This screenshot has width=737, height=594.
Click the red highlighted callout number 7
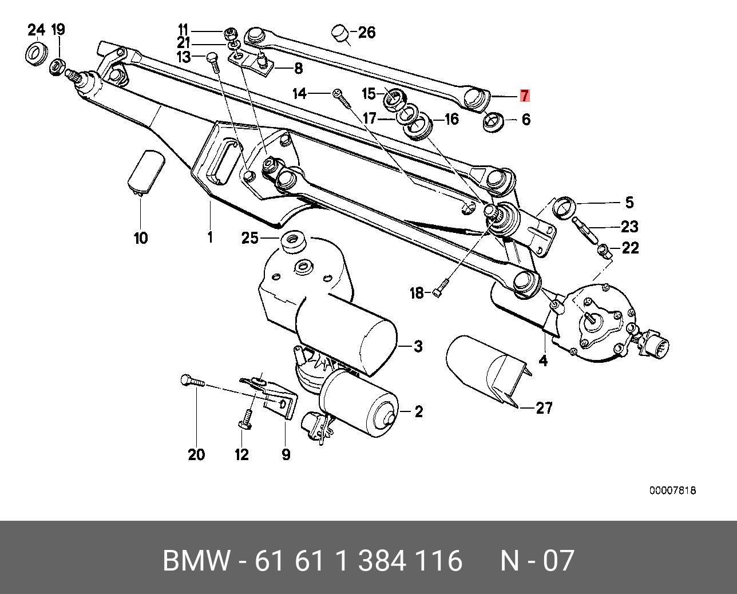(x=525, y=96)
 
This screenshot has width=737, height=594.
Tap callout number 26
(x=367, y=33)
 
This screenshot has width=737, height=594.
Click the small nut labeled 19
(x=57, y=66)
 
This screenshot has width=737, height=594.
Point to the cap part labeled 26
(x=341, y=34)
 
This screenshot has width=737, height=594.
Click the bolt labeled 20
(x=191, y=382)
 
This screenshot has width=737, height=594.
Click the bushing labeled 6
(x=493, y=122)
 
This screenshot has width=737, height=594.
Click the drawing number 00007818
(x=672, y=490)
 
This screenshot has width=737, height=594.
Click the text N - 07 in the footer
(x=536, y=560)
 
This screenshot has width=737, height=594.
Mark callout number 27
(x=544, y=408)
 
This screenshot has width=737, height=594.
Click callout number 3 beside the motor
(x=418, y=346)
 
